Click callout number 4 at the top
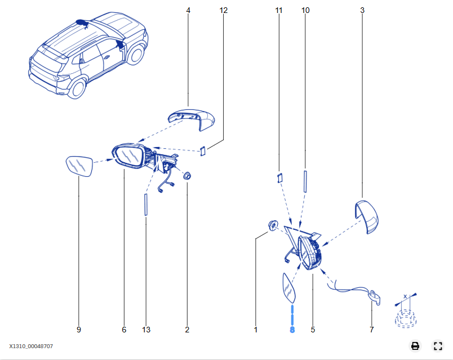(188, 10)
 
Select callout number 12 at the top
(223, 10)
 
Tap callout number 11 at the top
(279, 10)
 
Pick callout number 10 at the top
(305, 10)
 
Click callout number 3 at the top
(362, 10)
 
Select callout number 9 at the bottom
(78, 330)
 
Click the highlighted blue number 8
(292, 330)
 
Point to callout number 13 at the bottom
(146, 330)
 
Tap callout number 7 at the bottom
(371, 330)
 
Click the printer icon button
(415, 346)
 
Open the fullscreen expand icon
(438, 346)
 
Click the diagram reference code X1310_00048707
(31, 346)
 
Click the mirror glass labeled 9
(79, 167)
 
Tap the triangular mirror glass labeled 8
(288, 288)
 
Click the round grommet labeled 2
(188, 176)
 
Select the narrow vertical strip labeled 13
(146, 204)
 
